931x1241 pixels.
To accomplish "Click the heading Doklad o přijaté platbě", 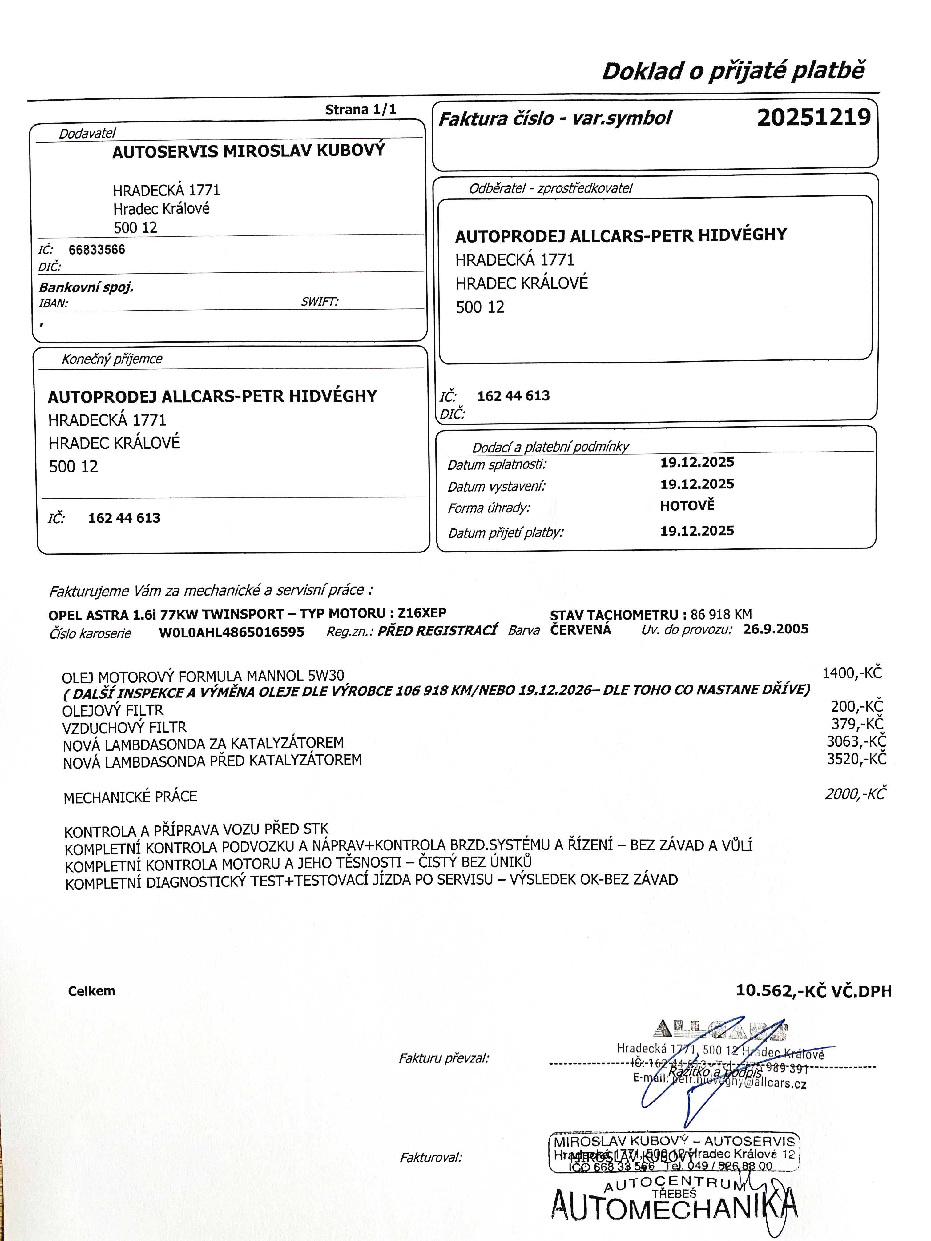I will coord(733,71).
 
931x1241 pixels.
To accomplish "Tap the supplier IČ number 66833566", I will coord(97,250).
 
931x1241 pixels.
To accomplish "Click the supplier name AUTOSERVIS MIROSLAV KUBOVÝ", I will coord(248,151).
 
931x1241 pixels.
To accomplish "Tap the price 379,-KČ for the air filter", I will coord(857,724).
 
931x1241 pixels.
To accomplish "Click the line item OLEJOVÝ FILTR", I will coord(113,710).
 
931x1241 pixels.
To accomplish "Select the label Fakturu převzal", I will coord(443,1058).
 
